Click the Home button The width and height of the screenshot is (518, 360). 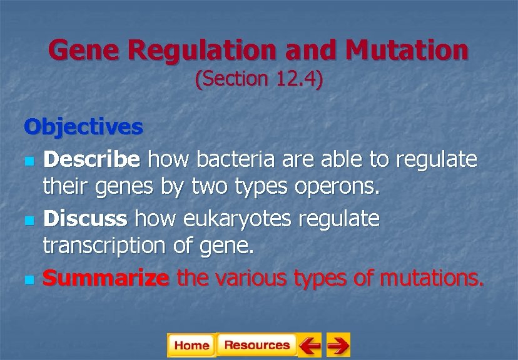[191, 345]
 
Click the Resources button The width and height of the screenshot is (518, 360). [256, 345]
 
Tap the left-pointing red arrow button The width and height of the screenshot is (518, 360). [309, 345]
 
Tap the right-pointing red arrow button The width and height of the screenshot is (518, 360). [338, 345]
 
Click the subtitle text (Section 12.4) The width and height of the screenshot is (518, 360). [259, 80]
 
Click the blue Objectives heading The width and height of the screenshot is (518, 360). [83, 127]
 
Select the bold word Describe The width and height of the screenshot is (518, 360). [91, 160]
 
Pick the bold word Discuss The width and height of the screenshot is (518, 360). [85, 218]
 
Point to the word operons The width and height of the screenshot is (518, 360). [342, 188]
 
